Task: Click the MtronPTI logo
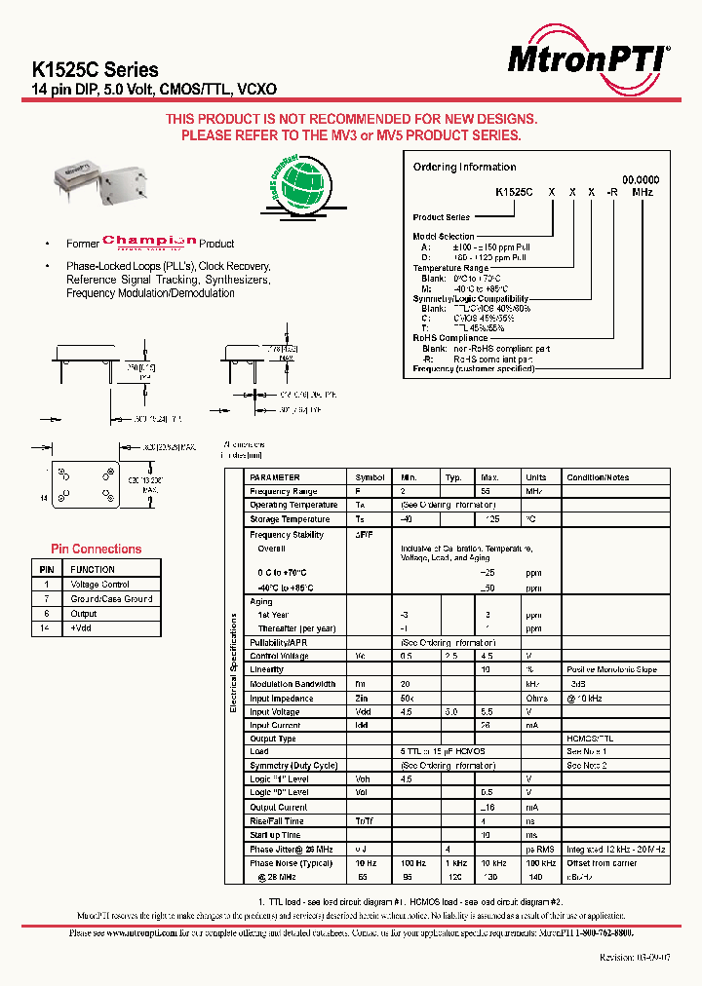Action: click(588, 60)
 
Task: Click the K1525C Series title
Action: click(96, 69)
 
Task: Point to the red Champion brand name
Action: click(149, 242)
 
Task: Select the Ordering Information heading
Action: click(464, 167)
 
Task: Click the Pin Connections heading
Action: click(96, 549)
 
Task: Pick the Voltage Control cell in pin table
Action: click(99, 585)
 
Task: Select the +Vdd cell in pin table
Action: click(81, 629)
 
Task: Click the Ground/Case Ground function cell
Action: click(111, 599)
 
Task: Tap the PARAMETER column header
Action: click(275, 477)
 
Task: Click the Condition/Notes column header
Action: click(598, 477)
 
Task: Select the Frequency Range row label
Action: click(283, 492)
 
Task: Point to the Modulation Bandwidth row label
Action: click(292, 684)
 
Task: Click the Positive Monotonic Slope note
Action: click(611, 669)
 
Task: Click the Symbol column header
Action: click(370, 477)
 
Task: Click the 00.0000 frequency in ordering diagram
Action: click(641, 180)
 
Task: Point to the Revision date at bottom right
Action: click(634, 959)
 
